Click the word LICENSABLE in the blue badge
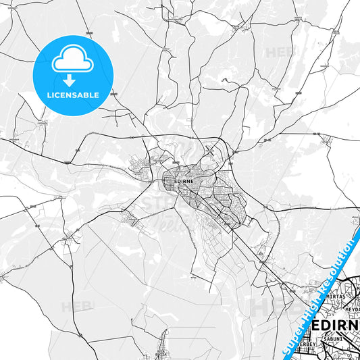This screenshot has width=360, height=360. click(72, 95)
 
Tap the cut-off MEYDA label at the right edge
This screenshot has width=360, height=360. click(352, 309)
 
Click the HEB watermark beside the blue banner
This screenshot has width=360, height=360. click(270, 307)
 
